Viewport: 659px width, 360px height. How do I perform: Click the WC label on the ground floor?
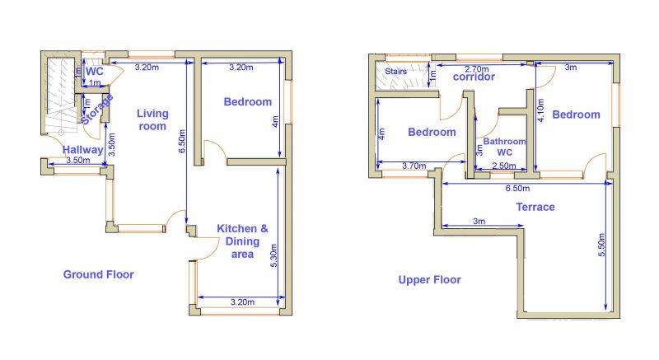click(94, 72)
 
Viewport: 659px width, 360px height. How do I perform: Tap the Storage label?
click(97, 110)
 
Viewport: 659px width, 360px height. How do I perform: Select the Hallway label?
click(83, 150)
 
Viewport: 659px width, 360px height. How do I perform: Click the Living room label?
click(152, 119)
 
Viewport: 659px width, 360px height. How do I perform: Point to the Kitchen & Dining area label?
click(242, 241)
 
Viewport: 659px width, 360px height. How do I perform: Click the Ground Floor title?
click(98, 274)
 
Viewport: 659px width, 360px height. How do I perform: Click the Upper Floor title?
click(429, 280)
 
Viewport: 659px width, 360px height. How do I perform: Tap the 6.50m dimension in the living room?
click(182, 141)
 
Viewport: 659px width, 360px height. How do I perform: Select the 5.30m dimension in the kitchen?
click(273, 256)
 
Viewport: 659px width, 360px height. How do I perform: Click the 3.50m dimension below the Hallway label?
click(78, 160)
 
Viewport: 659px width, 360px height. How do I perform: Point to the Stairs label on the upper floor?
click(396, 72)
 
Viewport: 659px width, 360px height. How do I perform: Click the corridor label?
click(474, 77)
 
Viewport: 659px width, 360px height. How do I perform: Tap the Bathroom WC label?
click(504, 147)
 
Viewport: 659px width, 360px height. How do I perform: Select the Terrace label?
click(535, 207)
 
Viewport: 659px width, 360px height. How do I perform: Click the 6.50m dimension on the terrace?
click(517, 188)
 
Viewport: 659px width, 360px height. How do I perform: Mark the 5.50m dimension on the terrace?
click(601, 245)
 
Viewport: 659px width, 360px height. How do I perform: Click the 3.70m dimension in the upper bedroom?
click(414, 166)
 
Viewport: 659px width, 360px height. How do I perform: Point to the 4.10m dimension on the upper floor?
click(541, 110)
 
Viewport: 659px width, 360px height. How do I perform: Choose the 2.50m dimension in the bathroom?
click(503, 166)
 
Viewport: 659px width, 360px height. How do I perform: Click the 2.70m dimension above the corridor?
click(477, 69)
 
